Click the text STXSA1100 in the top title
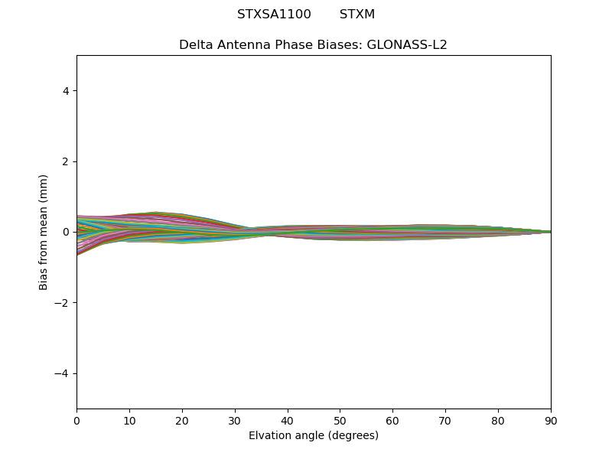tap(274, 15)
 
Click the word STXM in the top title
tap(357, 15)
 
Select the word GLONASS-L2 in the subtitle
tap(407, 44)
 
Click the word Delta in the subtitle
tap(196, 44)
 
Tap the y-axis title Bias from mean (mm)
tap(44, 232)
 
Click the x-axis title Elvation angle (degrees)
tap(314, 435)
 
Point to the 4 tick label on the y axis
tap(66, 90)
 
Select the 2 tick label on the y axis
tap(66, 161)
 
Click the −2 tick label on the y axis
tap(62, 303)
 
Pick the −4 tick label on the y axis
tap(62, 373)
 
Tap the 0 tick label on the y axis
tap(66, 232)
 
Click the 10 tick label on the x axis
tap(129, 420)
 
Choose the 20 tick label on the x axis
tap(182, 420)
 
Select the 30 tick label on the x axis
tap(235, 420)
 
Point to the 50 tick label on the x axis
tap(340, 420)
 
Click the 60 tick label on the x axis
tap(392, 420)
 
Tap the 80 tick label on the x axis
tap(498, 420)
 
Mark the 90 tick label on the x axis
tap(551, 420)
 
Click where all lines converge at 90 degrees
tap(550, 232)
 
